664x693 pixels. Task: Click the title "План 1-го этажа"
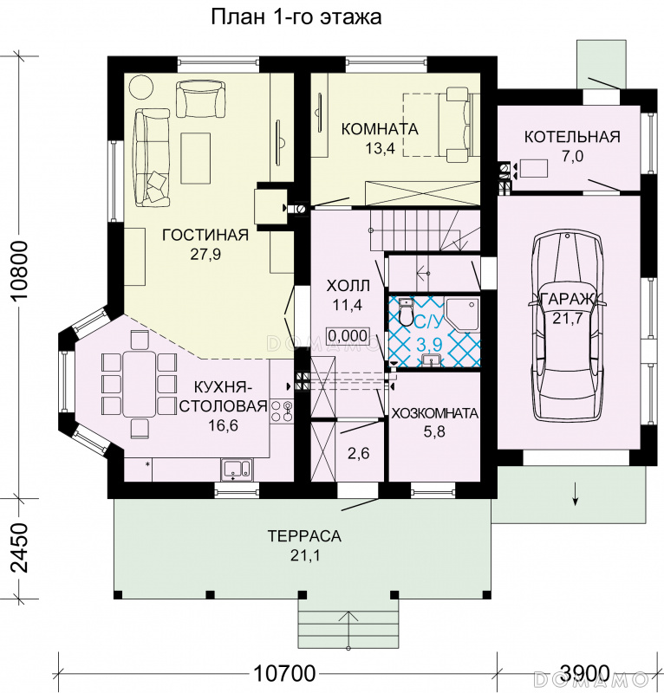pos(296,17)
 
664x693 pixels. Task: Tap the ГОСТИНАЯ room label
pos(205,235)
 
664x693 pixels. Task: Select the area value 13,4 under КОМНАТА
pos(380,148)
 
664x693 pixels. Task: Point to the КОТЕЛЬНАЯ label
pos(572,137)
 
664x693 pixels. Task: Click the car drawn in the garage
pos(569,327)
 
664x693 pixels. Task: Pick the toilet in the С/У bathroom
pos(406,311)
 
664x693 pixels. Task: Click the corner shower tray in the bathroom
pos(462,314)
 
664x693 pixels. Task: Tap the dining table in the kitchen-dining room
pos(140,384)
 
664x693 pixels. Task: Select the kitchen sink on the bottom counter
pos(237,469)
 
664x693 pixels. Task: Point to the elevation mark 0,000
pos(348,336)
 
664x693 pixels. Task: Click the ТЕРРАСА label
pos(304,536)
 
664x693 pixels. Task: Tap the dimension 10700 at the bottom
pos(284,674)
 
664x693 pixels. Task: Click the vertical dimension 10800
pos(20,270)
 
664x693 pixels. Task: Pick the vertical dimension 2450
pos(20,548)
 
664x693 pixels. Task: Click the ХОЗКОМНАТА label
pos(435,413)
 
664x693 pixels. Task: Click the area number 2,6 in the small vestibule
pos(358,453)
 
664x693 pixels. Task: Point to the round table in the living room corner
pos(141,87)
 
